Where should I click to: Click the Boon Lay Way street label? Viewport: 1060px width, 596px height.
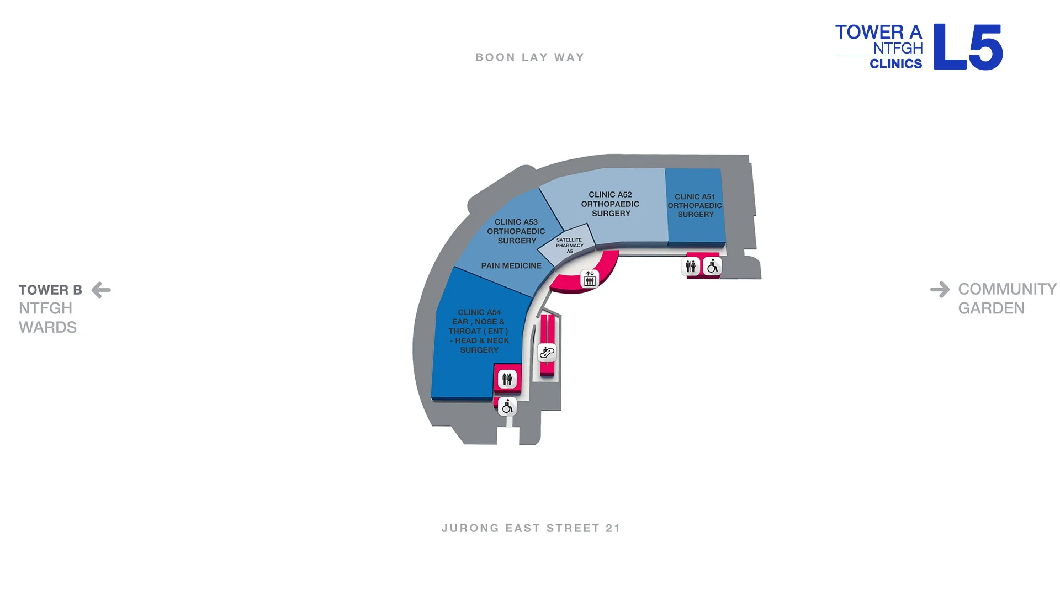pyautogui.click(x=530, y=57)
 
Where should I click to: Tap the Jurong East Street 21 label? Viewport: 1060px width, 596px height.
pyautogui.click(x=531, y=528)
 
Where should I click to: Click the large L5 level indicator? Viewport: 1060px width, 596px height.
pyautogui.click(x=968, y=47)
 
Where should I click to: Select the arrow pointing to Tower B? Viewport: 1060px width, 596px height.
pyautogui.click(x=101, y=290)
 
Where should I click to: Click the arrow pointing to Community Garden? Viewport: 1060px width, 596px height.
pyautogui.click(x=940, y=289)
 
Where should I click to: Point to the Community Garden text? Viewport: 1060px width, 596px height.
pyautogui.click(x=1008, y=299)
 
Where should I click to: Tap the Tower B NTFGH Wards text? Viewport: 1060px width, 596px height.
pyautogui.click(x=50, y=308)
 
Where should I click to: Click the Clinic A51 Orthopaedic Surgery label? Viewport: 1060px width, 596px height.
pyautogui.click(x=695, y=205)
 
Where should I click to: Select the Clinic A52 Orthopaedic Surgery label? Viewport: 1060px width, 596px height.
pyautogui.click(x=610, y=204)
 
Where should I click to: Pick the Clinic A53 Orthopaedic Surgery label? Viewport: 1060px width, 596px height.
pyautogui.click(x=516, y=231)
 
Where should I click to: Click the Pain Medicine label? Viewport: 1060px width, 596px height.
pyautogui.click(x=511, y=265)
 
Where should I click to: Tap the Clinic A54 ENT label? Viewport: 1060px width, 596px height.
pyautogui.click(x=479, y=331)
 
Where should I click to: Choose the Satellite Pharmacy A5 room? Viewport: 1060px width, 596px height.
pyautogui.click(x=568, y=244)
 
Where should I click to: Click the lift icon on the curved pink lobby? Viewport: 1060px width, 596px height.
pyautogui.click(x=590, y=279)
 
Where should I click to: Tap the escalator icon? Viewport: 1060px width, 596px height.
pyautogui.click(x=547, y=352)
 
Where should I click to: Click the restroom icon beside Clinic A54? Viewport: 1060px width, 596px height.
pyautogui.click(x=507, y=379)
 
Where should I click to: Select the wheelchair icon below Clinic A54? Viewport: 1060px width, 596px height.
pyautogui.click(x=507, y=407)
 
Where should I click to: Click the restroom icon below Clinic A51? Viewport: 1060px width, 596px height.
pyautogui.click(x=691, y=267)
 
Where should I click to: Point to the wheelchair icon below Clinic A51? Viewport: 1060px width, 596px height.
pyautogui.click(x=712, y=267)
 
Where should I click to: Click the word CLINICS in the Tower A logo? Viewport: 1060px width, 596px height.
pyautogui.click(x=895, y=63)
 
